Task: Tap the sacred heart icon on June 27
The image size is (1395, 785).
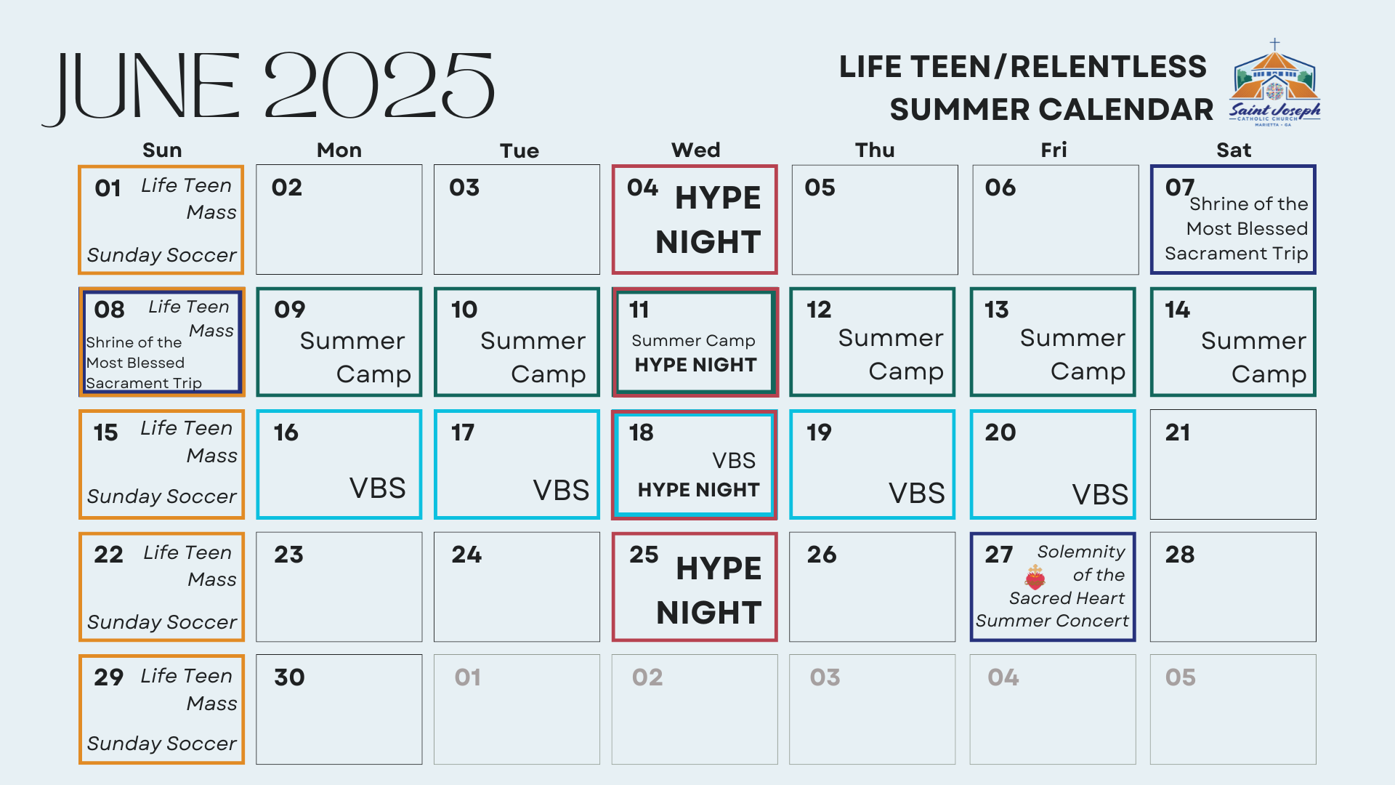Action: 1035,577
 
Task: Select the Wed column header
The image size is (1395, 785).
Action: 695,150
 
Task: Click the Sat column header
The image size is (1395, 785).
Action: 1234,150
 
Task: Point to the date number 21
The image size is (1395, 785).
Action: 1178,432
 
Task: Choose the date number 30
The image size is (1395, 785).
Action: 289,677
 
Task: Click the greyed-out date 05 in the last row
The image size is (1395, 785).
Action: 1180,677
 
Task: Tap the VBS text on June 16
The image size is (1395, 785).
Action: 377,488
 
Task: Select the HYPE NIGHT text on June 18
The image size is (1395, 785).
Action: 698,490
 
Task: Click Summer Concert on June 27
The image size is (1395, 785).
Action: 1052,621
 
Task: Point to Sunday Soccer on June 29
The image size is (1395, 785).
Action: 161,744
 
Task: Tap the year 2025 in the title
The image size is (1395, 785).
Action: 379,85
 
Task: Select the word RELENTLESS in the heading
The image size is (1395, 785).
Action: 1108,67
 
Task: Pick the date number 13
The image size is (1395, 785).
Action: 997,310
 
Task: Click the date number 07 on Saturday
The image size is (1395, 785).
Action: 1180,188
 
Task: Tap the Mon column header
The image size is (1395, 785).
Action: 339,150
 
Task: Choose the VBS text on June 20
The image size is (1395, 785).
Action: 1100,495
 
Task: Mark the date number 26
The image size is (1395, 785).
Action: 822,555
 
